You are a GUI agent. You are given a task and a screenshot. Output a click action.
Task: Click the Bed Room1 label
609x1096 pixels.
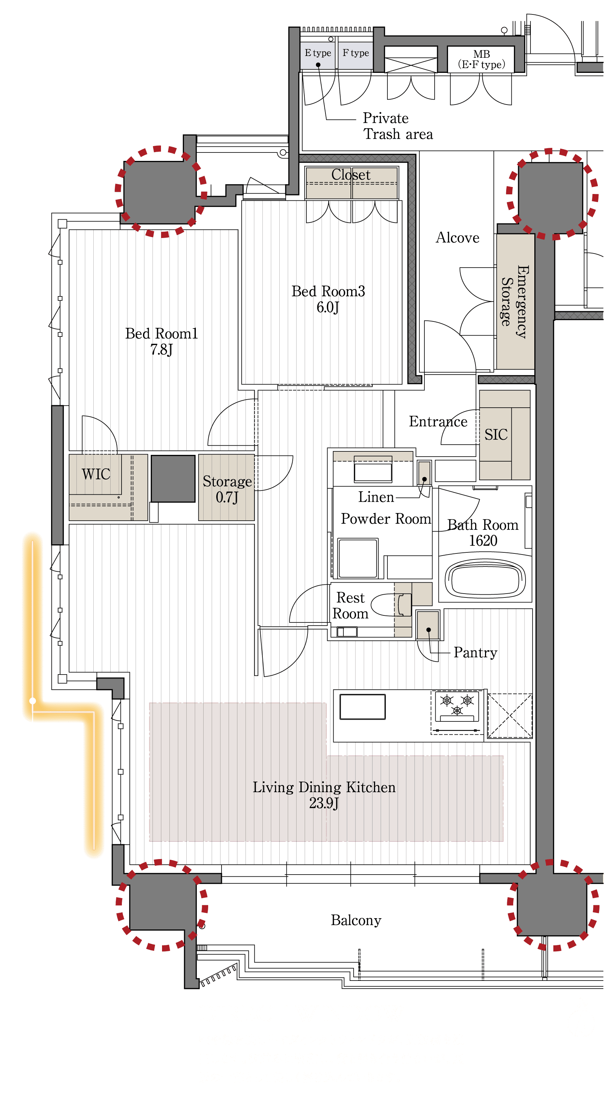[x=161, y=341]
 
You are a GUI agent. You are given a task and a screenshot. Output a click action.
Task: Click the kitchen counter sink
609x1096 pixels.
[x=362, y=707]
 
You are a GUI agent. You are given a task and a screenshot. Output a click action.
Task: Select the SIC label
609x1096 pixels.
[x=496, y=434]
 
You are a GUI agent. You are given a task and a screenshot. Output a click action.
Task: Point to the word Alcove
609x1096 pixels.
[x=458, y=237]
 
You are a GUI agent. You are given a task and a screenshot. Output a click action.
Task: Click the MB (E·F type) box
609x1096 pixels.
[x=481, y=59]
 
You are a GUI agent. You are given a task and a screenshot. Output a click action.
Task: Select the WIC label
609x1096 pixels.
[x=96, y=474]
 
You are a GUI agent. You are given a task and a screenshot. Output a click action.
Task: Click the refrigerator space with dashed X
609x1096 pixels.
[x=509, y=716]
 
